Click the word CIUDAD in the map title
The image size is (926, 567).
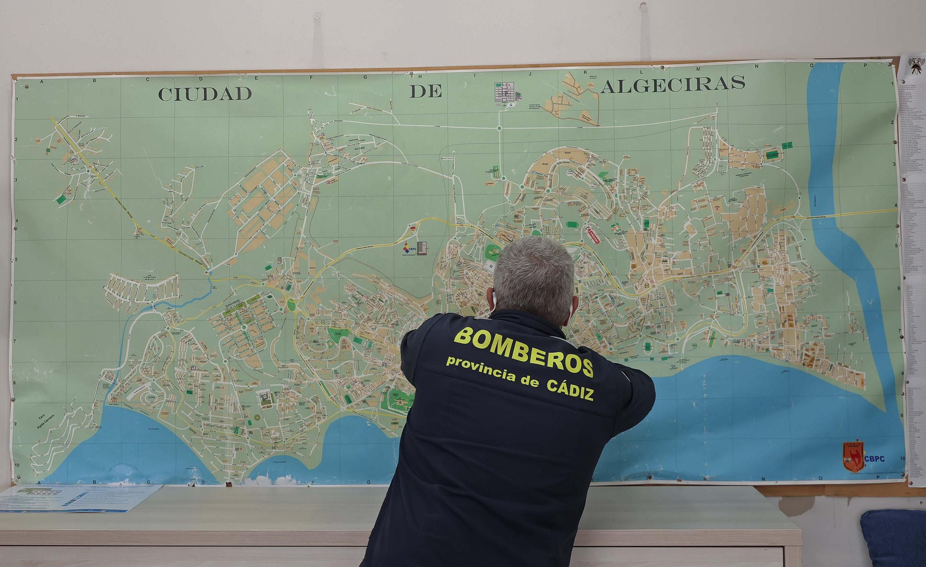pyautogui.click(x=205, y=94)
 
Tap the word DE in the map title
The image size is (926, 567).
pyautogui.click(x=426, y=91)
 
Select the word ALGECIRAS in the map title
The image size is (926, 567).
pyautogui.click(x=673, y=84)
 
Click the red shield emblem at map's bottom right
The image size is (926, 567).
pyautogui.click(x=853, y=456)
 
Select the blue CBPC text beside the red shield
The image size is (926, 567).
pyautogui.click(x=874, y=459)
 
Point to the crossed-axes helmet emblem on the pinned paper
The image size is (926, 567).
pyautogui.click(x=915, y=65)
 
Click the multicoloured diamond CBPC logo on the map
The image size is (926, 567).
pyautogui.click(x=409, y=247)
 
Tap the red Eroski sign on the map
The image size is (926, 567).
pyautogui.click(x=592, y=235)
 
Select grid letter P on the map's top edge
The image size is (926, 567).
pyautogui.click(x=881, y=65)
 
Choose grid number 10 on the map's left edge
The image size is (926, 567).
pyautogui.click(x=17, y=465)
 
